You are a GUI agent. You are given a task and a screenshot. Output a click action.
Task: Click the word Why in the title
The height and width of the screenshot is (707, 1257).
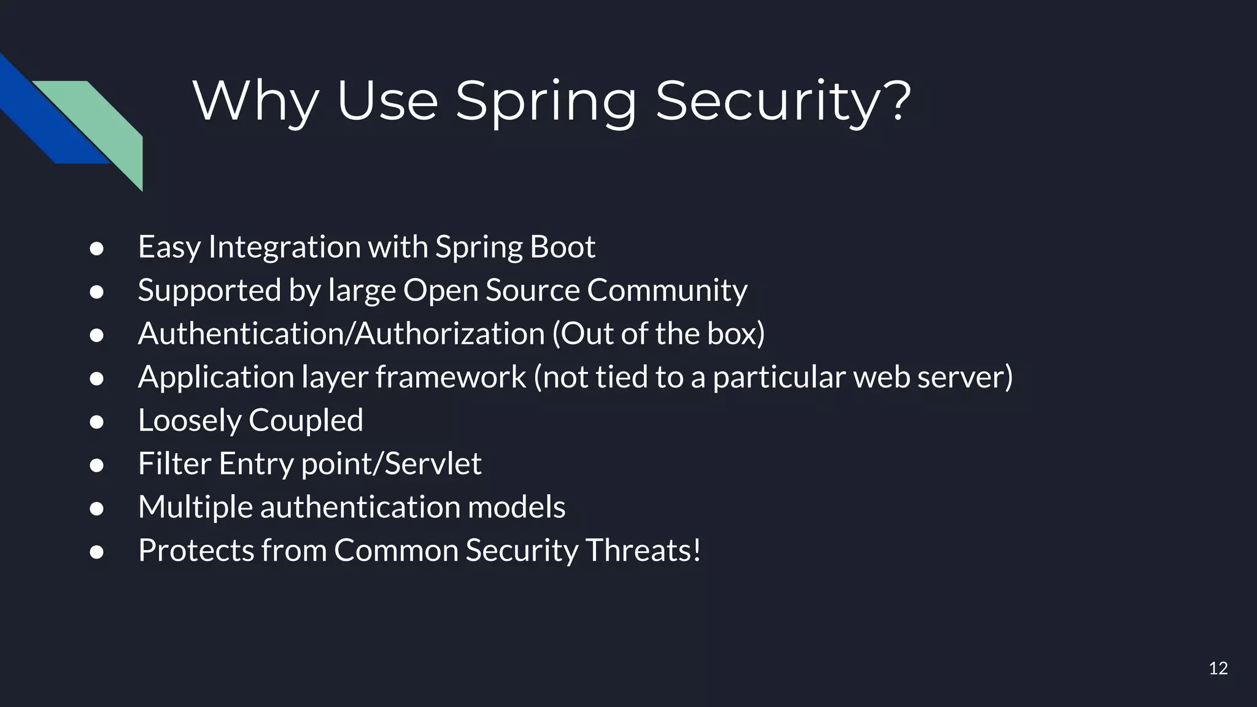pyautogui.click(x=255, y=101)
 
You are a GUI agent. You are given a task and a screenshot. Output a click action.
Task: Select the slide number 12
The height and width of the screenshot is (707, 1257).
pyautogui.click(x=1218, y=668)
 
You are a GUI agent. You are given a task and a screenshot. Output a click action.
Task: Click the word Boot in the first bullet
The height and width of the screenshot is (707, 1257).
pyautogui.click(x=562, y=247)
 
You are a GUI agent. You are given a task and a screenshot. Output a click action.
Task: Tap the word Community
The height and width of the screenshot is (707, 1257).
pyautogui.click(x=667, y=290)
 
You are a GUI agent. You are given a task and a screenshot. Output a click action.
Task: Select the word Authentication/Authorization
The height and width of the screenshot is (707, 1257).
pyautogui.click(x=341, y=333)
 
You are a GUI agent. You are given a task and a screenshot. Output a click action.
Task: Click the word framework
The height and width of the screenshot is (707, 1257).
pyautogui.click(x=451, y=377)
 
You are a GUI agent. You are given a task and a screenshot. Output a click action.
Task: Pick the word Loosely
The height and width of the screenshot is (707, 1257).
pyautogui.click(x=190, y=420)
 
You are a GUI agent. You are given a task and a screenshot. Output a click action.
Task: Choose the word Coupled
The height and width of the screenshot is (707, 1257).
pyautogui.click(x=306, y=420)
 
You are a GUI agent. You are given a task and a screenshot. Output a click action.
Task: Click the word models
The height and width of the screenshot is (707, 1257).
pyautogui.click(x=516, y=507)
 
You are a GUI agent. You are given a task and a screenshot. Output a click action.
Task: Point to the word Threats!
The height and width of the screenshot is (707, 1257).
pyautogui.click(x=643, y=550)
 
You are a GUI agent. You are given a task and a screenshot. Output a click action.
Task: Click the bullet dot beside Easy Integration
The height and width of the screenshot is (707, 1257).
pyautogui.click(x=96, y=249)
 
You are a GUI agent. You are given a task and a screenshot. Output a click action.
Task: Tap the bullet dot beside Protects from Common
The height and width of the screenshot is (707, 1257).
pyautogui.click(x=96, y=552)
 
